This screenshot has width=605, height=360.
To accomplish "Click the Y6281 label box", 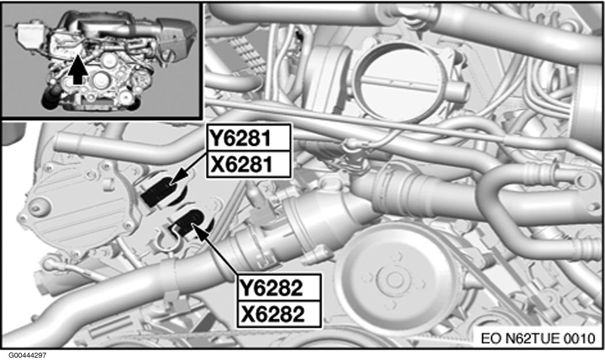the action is click(248, 137).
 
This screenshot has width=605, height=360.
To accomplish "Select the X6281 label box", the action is click(248, 164).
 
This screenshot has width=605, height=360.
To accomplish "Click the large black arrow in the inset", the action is click(77, 69).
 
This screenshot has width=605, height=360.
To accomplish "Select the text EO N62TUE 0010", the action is click(538, 338).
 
